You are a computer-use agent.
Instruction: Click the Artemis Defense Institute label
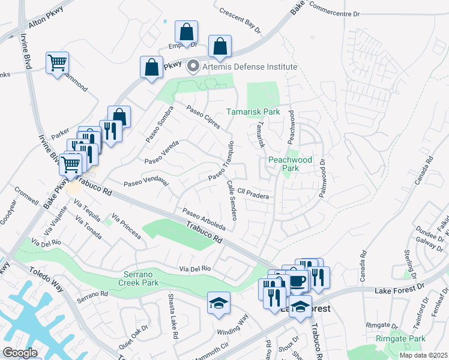(x=250, y=66)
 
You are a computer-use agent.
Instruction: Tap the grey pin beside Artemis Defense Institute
(x=193, y=66)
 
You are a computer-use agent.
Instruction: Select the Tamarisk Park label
(x=253, y=112)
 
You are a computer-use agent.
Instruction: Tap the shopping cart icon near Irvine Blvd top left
(x=57, y=63)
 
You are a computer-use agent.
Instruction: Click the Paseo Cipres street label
(x=203, y=117)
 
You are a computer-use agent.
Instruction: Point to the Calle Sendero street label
(x=232, y=200)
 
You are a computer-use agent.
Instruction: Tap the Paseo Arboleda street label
(x=204, y=220)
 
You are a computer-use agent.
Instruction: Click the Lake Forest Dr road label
(x=400, y=290)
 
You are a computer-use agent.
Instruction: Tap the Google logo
(x=20, y=353)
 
